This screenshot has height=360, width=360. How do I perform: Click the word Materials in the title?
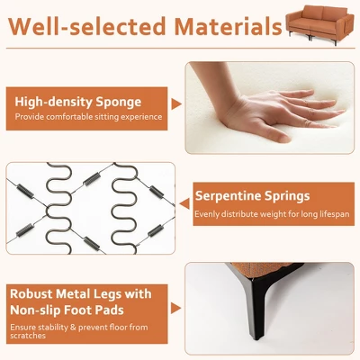point(229,26)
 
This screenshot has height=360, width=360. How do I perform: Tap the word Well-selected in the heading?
point(87,26)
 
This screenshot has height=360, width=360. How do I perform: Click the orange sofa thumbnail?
point(320,25)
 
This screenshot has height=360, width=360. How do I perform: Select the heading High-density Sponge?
point(78,102)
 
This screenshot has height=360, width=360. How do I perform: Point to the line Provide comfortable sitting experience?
point(88,117)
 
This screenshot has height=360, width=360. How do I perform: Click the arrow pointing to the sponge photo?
point(176,103)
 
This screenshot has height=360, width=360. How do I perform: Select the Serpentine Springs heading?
point(252,196)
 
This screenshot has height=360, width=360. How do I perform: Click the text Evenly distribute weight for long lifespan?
point(272,214)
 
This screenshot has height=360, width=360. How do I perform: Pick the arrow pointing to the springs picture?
point(184,203)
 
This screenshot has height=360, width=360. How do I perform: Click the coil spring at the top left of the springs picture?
point(25,191)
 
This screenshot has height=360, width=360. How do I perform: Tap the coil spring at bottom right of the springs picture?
point(156,230)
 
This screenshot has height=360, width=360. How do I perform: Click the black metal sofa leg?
point(256,303)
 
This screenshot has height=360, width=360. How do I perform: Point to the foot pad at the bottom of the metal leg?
point(258,337)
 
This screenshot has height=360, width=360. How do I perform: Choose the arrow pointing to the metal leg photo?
point(175,308)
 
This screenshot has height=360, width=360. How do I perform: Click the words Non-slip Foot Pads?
point(67,310)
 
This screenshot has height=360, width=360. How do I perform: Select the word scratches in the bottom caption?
point(28,336)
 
